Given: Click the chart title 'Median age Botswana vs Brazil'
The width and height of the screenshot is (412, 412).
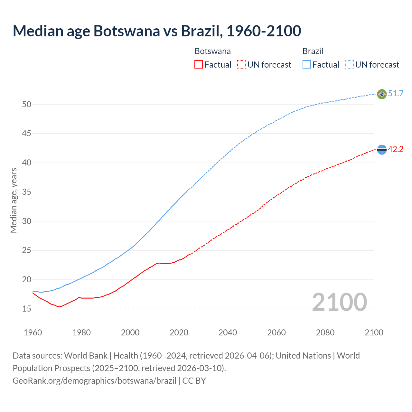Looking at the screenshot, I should pos(157,31).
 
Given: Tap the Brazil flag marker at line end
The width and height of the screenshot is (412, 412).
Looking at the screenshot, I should pos(382,94).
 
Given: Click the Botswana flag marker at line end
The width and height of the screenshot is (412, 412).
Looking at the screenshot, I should pos(382,150).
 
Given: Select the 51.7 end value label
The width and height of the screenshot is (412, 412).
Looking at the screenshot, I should pos(396,94).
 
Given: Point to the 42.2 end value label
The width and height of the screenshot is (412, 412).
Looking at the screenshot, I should pos(396,149).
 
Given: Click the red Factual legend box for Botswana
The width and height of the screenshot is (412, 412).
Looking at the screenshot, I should pos(199,65).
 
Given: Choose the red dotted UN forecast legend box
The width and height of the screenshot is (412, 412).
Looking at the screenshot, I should pos(241,65).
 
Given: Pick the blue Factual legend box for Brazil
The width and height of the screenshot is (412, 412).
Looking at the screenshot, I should pos(307,65).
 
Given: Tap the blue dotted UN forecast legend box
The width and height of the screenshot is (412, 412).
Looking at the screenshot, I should pos(350,65).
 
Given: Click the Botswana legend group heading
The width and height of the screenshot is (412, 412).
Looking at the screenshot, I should pos(212,51).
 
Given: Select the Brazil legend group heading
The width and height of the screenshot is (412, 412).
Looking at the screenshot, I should pos(313,51).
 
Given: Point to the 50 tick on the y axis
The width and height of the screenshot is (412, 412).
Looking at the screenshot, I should pos(27,104).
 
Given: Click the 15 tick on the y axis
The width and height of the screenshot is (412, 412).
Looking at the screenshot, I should pos(27,309).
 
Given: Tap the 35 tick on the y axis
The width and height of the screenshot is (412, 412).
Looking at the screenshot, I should pos(27,192).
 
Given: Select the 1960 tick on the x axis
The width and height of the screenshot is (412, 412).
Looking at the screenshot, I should pos(33,332).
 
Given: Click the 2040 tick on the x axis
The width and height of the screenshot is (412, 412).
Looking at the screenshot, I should pos(228,332).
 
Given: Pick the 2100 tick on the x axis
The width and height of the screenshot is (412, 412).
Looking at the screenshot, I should pos(374,332).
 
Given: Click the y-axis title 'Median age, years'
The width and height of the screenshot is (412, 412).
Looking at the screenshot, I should pos(14,200).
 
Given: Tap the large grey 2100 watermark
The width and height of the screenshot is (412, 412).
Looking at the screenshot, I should pos(339,302).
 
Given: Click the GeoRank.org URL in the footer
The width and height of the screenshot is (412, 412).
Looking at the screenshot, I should pos(94,381).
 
